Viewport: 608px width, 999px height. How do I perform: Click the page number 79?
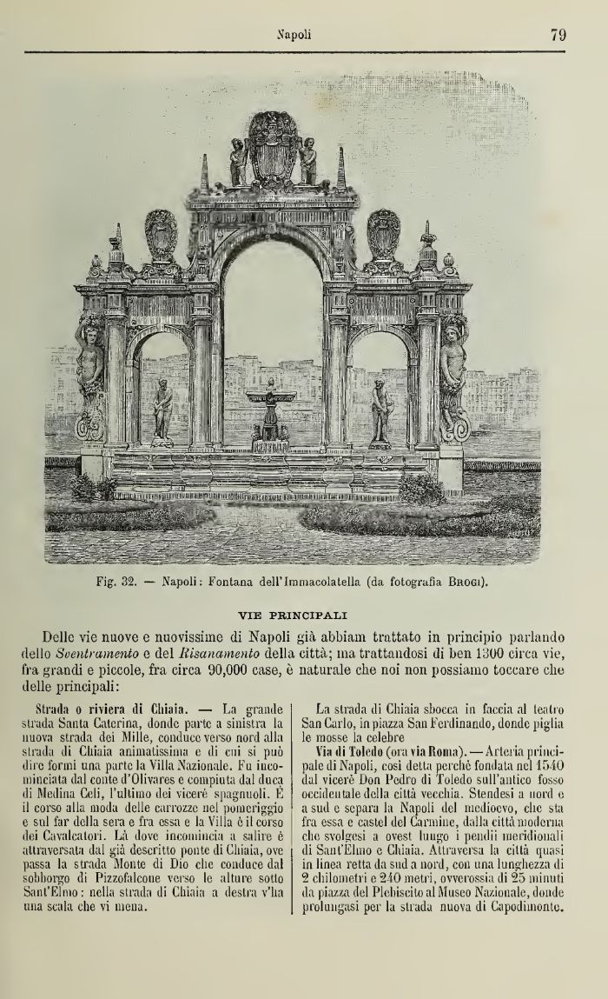pyautogui.click(x=558, y=36)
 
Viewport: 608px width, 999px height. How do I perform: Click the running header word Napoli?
pyautogui.click(x=295, y=37)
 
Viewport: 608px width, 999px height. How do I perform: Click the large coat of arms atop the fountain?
pyautogui.click(x=273, y=148)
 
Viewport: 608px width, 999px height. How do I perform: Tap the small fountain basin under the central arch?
pyautogui.click(x=270, y=400)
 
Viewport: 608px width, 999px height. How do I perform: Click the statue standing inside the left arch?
pyautogui.click(x=162, y=411)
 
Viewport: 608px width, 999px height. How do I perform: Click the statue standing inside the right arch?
pyautogui.click(x=380, y=411)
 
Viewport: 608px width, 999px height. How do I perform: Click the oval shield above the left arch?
pyautogui.click(x=161, y=235)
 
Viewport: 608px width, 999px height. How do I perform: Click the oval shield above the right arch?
pyautogui.click(x=383, y=233)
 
